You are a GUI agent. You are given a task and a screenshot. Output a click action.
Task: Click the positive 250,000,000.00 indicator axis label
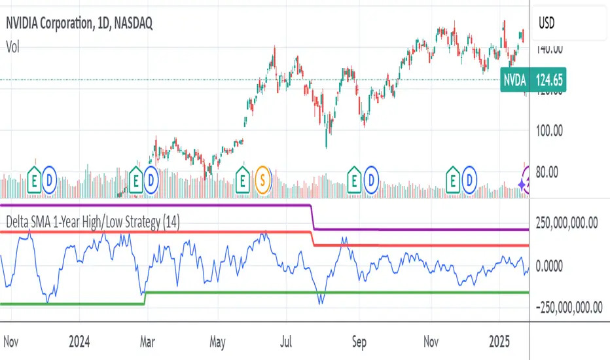[567, 223]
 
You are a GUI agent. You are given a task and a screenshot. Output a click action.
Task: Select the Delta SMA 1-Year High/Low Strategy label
[93, 222]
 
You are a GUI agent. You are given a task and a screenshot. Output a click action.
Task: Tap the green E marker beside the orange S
[242, 177]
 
